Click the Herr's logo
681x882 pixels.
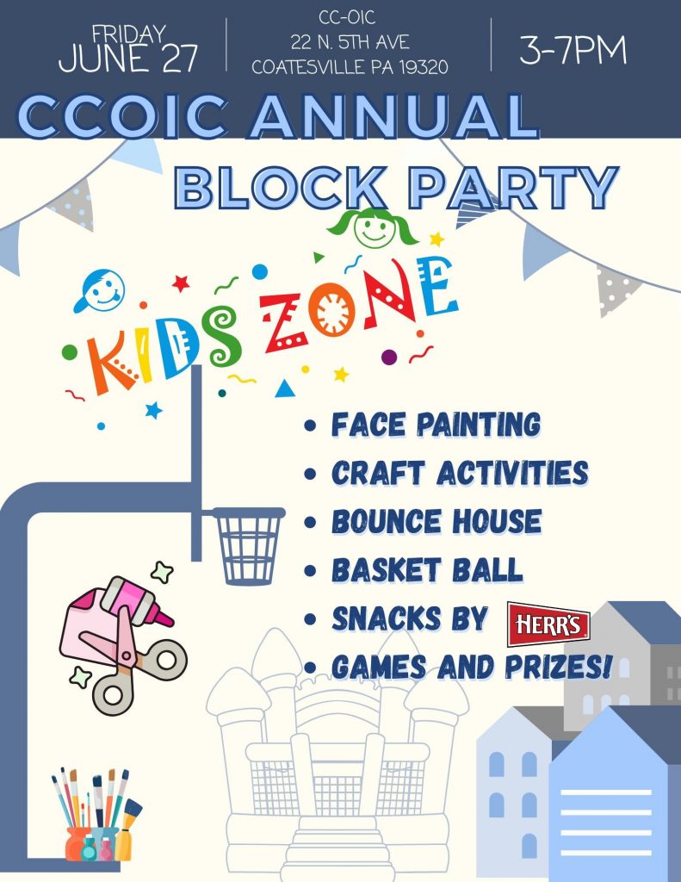pos(548,624)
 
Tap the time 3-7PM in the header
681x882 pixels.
pos(573,50)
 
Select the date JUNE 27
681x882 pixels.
pos(128,59)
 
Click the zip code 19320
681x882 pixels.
pos(424,67)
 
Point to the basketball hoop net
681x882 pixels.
pos(248,545)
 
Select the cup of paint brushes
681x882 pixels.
pos(96,815)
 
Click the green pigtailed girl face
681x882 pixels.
pos(373,227)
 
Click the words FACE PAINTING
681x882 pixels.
pos(436,424)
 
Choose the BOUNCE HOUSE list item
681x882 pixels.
pos(436,521)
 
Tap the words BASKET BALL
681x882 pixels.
pos(427,570)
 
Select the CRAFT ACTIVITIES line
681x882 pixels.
pos(460,473)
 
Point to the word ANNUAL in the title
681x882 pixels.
pos(393,116)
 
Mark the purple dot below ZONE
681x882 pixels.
pos(389,357)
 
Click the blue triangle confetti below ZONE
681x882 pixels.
pos(285,389)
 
